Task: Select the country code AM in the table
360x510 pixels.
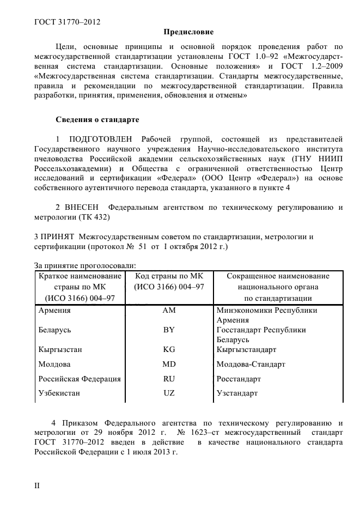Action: pyautogui.click(x=169, y=311)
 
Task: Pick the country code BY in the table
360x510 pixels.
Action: pyautogui.click(x=169, y=330)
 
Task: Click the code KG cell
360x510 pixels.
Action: pyautogui.click(x=169, y=349)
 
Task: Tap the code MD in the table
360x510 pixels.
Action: pyautogui.click(x=169, y=364)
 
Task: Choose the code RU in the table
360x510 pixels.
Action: pyautogui.click(x=169, y=379)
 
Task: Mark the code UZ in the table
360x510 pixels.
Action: pyautogui.click(x=169, y=393)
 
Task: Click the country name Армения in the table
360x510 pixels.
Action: pyautogui.click(x=54, y=311)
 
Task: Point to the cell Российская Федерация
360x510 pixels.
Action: pyautogui.click(x=80, y=379)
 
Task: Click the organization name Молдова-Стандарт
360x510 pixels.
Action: pyautogui.click(x=251, y=364)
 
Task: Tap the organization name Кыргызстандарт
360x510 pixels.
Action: pyautogui.click(x=246, y=349)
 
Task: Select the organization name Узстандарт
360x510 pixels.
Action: pyautogui.click(x=237, y=393)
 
